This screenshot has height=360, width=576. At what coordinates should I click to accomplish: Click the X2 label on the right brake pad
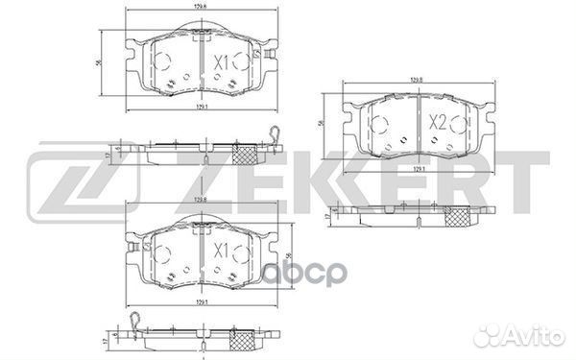click(x=437, y=123)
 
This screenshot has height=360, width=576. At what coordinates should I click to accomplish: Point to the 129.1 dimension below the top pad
click(x=200, y=107)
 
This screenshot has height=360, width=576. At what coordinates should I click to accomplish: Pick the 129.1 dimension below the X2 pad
click(x=418, y=169)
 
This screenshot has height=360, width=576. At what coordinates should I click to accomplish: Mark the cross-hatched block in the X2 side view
click(x=461, y=215)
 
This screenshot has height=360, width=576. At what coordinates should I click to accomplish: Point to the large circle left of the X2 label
click(x=377, y=123)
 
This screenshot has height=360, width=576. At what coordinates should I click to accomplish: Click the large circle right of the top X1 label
click(x=254, y=63)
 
